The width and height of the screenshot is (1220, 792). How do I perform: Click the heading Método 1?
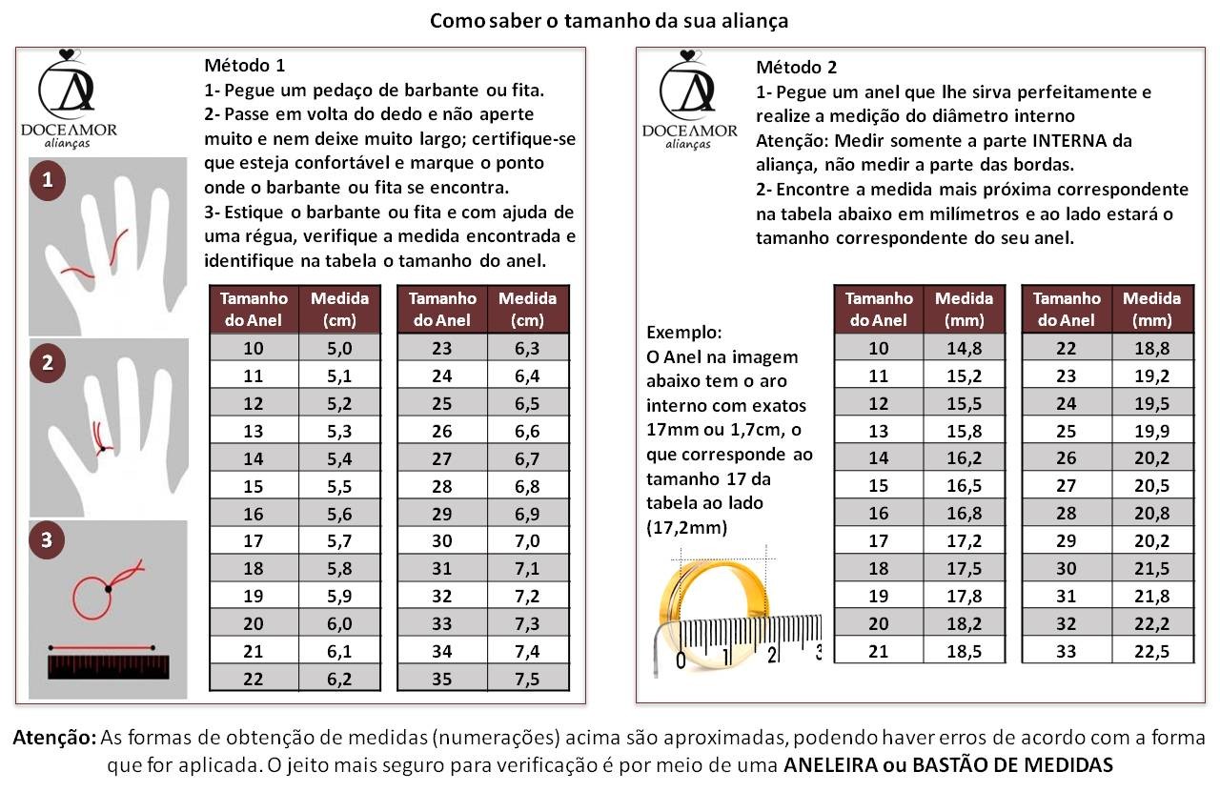pyautogui.click(x=244, y=67)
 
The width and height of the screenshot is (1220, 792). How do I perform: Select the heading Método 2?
pyautogui.click(x=796, y=68)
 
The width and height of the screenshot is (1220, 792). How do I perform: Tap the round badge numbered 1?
pyautogui.click(x=47, y=180)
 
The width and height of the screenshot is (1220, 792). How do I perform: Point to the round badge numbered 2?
pyautogui.click(x=47, y=362)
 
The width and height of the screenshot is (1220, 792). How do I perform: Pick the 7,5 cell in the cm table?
pyautogui.click(x=527, y=680)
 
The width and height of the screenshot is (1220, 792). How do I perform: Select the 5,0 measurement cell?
pyautogui.click(x=339, y=348)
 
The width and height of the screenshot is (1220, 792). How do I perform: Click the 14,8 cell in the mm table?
pyautogui.click(x=964, y=348)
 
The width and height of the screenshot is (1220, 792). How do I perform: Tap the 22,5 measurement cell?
pyautogui.click(x=1151, y=652)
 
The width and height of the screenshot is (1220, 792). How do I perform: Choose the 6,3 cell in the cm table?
pyautogui.click(x=527, y=348)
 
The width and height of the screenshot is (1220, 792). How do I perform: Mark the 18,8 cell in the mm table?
pyautogui.click(x=1151, y=348)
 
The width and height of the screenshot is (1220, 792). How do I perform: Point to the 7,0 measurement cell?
pyautogui.click(x=527, y=541)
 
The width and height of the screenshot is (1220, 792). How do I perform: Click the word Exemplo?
pyautogui.click(x=683, y=334)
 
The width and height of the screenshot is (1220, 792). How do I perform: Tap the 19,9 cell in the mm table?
pyautogui.click(x=1151, y=431)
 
